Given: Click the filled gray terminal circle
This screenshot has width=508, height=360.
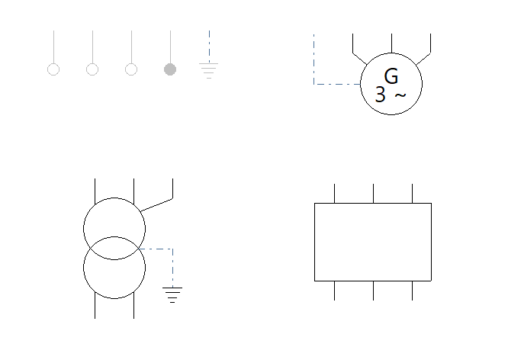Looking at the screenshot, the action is pyautogui.click(x=170, y=69).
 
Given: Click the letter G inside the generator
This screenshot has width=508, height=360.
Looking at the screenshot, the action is pyautogui.click(x=391, y=76).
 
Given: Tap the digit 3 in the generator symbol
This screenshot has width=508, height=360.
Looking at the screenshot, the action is pyautogui.click(x=381, y=95).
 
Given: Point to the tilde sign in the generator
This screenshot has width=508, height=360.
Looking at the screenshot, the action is pyautogui.click(x=400, y=95).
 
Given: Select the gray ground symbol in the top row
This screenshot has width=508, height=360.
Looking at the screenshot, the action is pyautogui.click(x=209, y=71).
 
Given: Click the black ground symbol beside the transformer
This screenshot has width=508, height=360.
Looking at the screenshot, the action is pyautogui.click(x=172, y=295).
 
